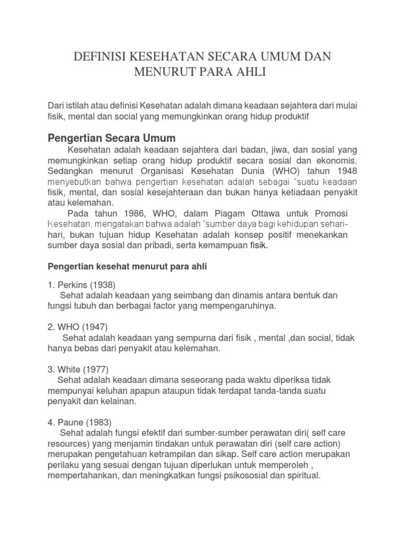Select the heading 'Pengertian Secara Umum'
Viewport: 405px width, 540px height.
point(111,139)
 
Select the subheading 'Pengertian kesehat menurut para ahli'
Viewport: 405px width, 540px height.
point(128,267)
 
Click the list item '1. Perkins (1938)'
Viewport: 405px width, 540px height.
point(81,285)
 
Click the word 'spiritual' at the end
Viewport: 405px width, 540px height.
point(301,475)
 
